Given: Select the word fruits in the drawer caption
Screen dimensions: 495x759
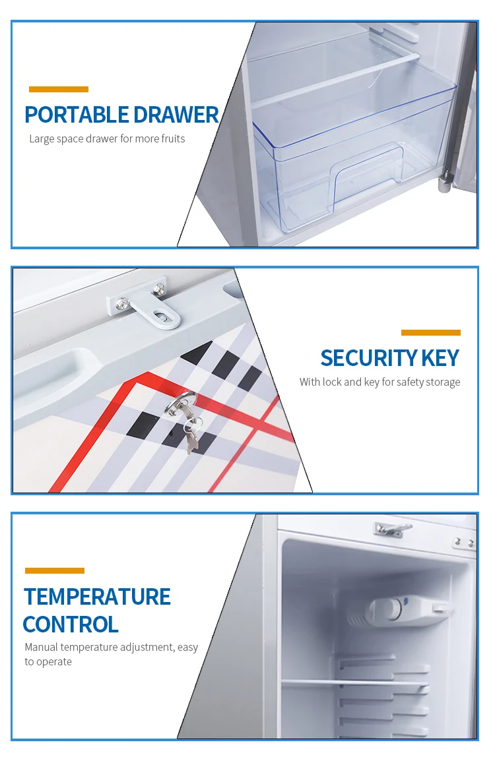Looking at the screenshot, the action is (x=173, y=138).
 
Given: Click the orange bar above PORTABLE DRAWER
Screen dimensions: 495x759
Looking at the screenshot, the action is (x=59, y=89).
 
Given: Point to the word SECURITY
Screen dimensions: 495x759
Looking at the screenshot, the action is (x=368, y=358).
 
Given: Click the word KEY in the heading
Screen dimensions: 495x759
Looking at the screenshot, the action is (x=440, y=358).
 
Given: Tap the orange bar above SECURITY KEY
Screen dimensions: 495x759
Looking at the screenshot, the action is (x=430, y=332).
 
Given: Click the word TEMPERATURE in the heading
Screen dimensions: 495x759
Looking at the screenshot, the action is (x=98, y=597).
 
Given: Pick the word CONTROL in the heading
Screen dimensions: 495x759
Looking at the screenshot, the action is (x=71, y=624).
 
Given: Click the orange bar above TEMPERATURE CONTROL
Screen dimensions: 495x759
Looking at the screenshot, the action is (x=55, y=570).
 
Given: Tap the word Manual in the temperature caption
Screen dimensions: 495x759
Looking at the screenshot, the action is (x=41, y=647).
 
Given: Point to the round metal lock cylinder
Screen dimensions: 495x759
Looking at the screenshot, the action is (x=180, y=405).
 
